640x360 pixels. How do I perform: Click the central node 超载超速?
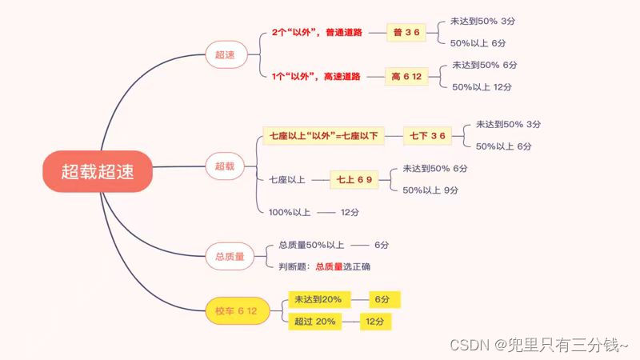[98, 171]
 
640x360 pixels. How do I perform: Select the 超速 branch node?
[226, 55]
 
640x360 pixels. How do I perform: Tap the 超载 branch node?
[225, 166]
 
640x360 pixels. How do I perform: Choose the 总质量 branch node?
[230, 256]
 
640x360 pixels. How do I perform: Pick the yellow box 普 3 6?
[406, 32]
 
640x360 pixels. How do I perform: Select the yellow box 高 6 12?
[406, 77]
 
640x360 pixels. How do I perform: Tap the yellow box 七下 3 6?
[427, 136]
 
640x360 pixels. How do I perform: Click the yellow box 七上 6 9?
[354, 180]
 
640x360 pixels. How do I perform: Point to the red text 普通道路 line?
[317, 33]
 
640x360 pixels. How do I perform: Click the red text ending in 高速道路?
[316, 77]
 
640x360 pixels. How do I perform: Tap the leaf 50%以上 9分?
[430, 190]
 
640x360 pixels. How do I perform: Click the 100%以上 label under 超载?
[288, 212]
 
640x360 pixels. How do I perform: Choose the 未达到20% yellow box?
[318, 299]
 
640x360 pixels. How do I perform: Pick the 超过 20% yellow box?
[314, 321]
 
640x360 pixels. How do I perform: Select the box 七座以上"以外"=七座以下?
[322, 136]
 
